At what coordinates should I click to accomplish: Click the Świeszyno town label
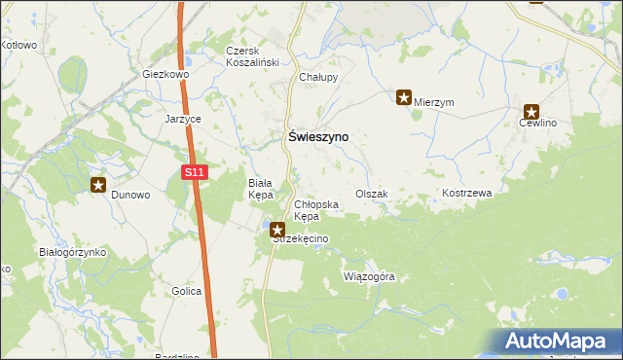(316, 138)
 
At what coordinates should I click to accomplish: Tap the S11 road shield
(195, 172)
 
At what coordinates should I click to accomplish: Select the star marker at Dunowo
(98, 184)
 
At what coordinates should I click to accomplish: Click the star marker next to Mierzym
(404, 96)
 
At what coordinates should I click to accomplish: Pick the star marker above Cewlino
(531, 112)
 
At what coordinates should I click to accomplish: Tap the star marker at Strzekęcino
(277, 231)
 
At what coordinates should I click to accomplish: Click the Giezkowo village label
(165, 74)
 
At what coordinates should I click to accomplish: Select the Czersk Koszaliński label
(252, 56)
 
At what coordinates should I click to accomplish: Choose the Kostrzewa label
(467, 194)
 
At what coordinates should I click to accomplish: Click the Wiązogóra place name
(370, 276)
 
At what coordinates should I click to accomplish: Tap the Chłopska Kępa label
(315, 210)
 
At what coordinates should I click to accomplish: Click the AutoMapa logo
(558, 342)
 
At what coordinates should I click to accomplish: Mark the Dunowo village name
(130, 195)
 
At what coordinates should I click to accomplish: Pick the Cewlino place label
(537, 124)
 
